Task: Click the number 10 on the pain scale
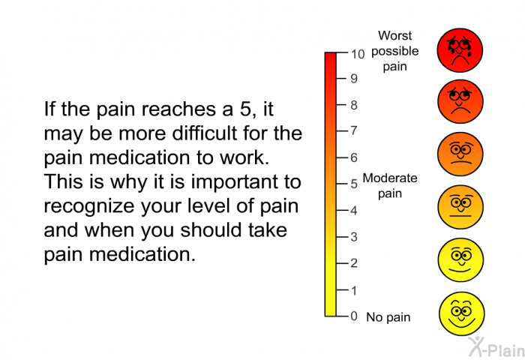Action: tap(358, 54)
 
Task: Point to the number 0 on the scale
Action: tap(354, 316)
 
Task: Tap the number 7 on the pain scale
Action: tap(354, 130)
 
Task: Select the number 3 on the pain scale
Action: tap(354, 237)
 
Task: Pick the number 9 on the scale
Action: tap(354, 79)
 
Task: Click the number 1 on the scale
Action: tap(354, 290)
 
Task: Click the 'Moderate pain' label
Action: tap(390, 186)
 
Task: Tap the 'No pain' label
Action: tap(388, 317)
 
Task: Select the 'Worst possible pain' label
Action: tap(395, 51)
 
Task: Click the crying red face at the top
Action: tap(460, 50)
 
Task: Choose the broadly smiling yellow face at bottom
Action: tap(461, 313)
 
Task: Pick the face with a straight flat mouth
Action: tap(460, 207)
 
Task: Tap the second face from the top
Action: tap(460, 101)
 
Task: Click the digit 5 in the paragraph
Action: tap(245, 109)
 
